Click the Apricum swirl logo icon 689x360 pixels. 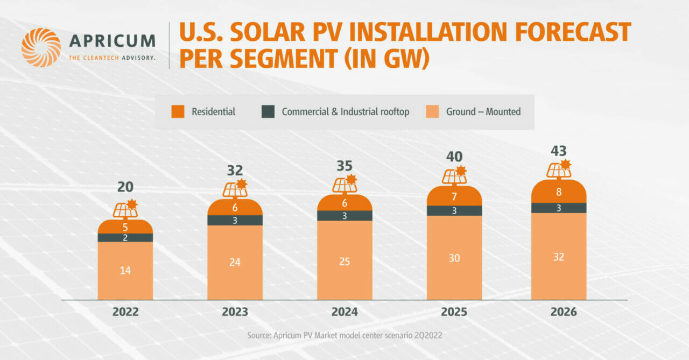[x=41, y=47]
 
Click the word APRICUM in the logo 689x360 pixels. [x=112, y=41]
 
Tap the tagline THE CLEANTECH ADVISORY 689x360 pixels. [x=112, y=58]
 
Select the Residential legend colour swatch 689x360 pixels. [x=178, y=112]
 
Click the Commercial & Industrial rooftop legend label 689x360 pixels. [x=346, y=112]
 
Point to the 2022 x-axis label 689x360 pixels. [x=125, y=312]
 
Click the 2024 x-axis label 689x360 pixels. [x=344, y=312]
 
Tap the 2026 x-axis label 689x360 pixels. [x=559, y=312]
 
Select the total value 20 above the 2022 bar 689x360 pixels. [x=125, y=187]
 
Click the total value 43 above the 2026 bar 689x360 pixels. [x=559, y=151]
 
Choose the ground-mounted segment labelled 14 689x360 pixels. [x=125, y=271]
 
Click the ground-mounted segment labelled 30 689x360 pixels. [x=454, y=258]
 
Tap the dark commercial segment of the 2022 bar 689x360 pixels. [x=125, y=237]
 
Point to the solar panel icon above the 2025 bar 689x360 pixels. [x=454, y=175]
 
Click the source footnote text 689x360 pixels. [x=344, y=335]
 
